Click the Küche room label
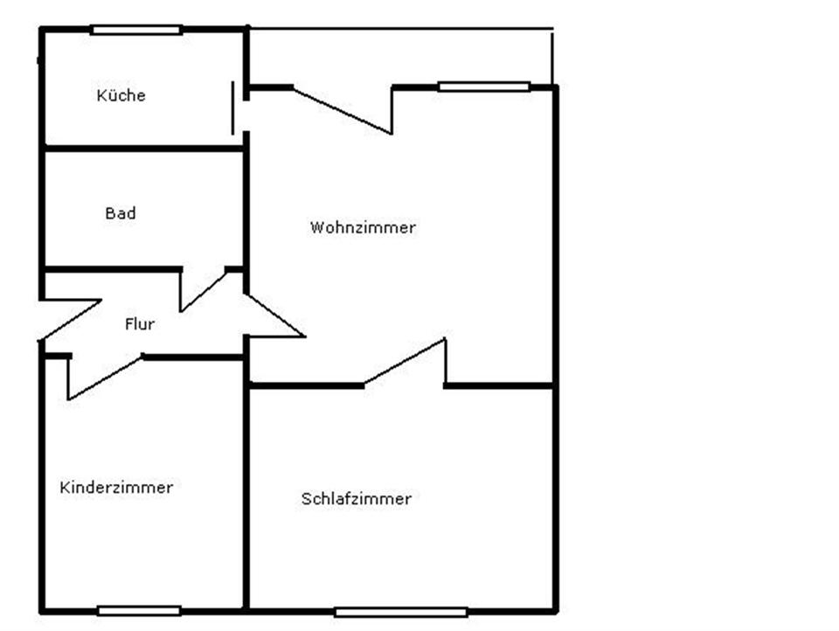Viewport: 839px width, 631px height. pyautogui.click(x=121, y=95)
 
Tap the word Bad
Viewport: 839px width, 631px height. pyautogui.click(x=121, y=213)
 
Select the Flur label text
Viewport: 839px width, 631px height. pyautogui.click(x=140, y=324)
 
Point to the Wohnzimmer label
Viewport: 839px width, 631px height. pyautogui.click(x=363, y=228)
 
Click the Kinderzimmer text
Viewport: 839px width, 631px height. pyautogui.click(x=116, y=488)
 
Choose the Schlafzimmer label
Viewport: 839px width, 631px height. pyautogui.click(x=356, y=499)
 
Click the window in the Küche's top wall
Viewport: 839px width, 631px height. pyautogui.click(x=136, y=30)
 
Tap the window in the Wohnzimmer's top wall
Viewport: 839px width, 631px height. pyautogui.click(x=483, y=87)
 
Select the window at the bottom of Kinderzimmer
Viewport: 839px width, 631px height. pyautogui.click(x=139, y=610)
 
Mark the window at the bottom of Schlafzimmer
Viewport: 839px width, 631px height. pyautogui.click(x=400, y=612)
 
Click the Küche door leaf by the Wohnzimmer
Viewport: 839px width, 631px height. pyautogui.click(x=233, y=107)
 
